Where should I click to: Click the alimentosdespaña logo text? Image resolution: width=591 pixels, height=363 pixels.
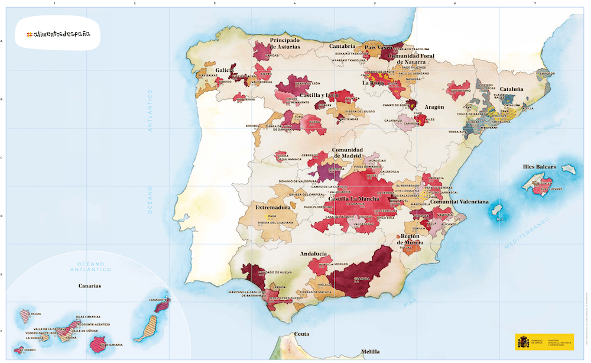coord(58,34)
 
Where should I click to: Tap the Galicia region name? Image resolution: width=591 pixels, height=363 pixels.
coord(225,70)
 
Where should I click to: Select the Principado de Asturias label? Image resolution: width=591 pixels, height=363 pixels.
coord(285,44)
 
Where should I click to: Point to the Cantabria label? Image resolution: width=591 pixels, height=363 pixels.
coord(342,46)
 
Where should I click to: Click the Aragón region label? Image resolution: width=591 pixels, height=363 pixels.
coord(434,107)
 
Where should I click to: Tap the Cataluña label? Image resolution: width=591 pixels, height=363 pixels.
coord(512,89)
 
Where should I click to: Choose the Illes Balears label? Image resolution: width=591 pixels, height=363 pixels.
coord(539,167)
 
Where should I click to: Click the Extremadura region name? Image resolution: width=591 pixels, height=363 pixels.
coord(272,208)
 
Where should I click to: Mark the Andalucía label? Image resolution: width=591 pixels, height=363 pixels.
coord(313,254)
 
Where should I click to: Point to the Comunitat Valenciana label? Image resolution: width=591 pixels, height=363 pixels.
coord(459,202)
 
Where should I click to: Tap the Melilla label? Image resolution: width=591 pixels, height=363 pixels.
coord(371,351)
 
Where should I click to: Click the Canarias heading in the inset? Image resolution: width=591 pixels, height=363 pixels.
coord(90,286)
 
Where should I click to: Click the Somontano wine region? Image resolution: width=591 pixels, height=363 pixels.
coord(460,90)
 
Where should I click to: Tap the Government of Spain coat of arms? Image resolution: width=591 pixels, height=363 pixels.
coord(524,342)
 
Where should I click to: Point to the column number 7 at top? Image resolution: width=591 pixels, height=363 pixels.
coord(535,4)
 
